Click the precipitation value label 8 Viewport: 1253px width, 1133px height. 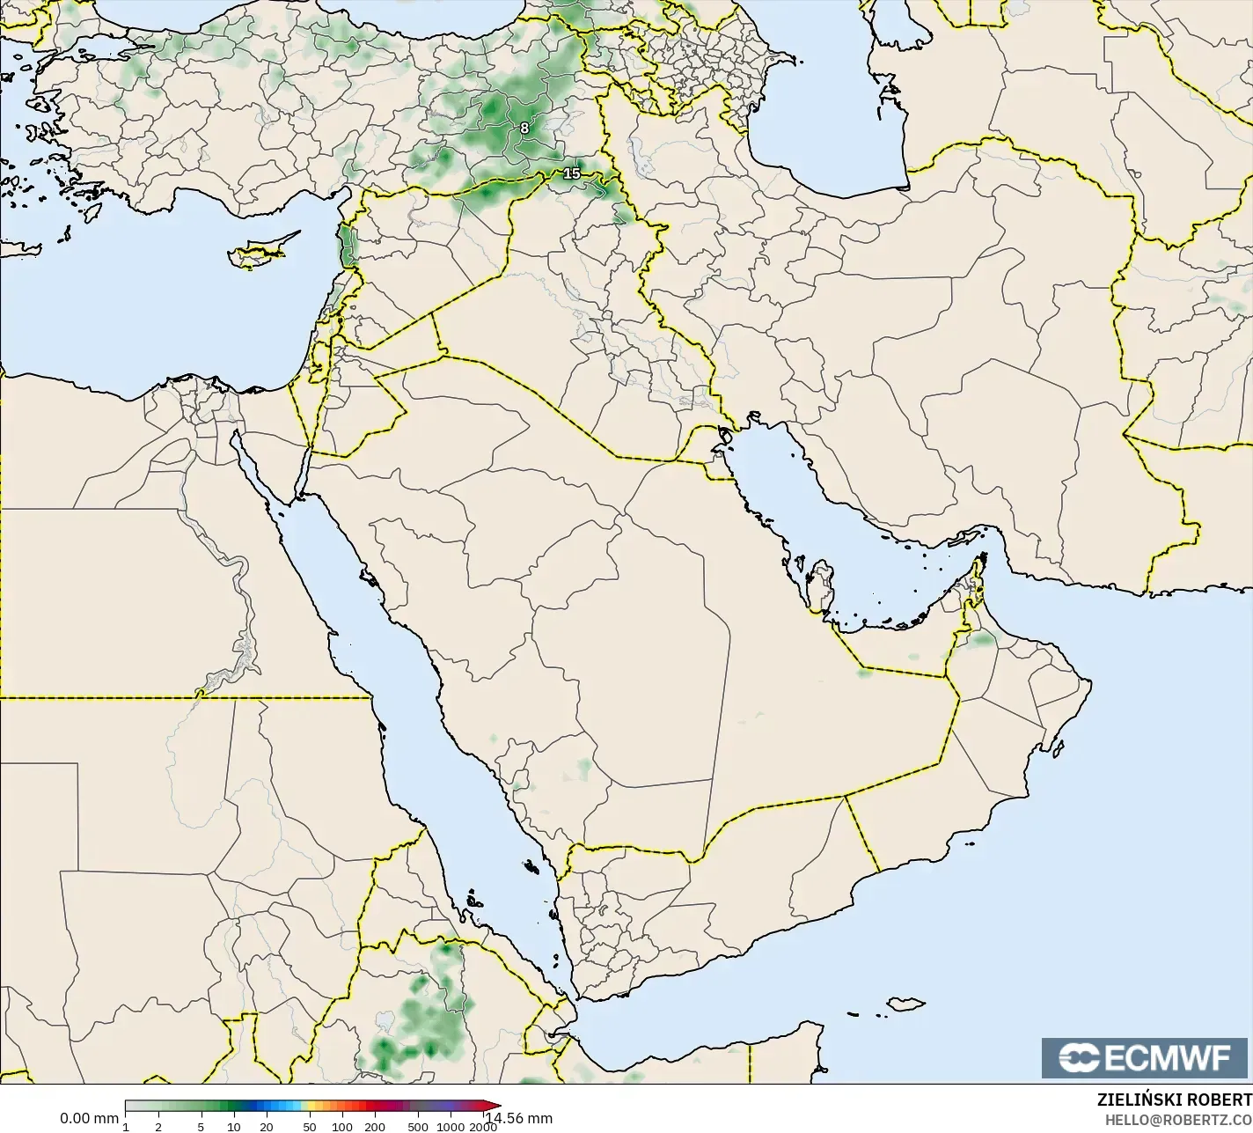(x=524, y=128)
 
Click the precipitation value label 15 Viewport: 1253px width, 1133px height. (x=572, y=173)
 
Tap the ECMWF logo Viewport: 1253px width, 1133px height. (x=1145, y=1058)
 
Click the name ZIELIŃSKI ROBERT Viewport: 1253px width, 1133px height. (x=1174, y=1100)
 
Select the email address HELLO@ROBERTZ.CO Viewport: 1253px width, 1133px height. (x=1178, y=1119)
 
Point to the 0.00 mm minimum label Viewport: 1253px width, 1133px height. (x=89, y=1118)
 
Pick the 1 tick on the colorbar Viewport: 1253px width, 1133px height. (x=126, y=1126)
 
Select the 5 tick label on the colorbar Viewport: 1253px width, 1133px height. (x=202, y=1126)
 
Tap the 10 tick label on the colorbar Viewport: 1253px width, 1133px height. (x=234, y=1126)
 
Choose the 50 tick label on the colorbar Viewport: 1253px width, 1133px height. (x=309, y=1126)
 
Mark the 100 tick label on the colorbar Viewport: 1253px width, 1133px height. (x=341, y=1126)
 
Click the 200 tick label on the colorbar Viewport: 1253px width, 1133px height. (x=375, y=1126)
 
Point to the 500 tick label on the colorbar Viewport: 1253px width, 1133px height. (x=418, y=1126)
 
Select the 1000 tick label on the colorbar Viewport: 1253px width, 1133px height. (x=451, y=1126)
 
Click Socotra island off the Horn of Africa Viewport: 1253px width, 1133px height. (x=905, y=1004)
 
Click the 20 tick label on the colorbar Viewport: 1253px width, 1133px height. (x=267, y=1126)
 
